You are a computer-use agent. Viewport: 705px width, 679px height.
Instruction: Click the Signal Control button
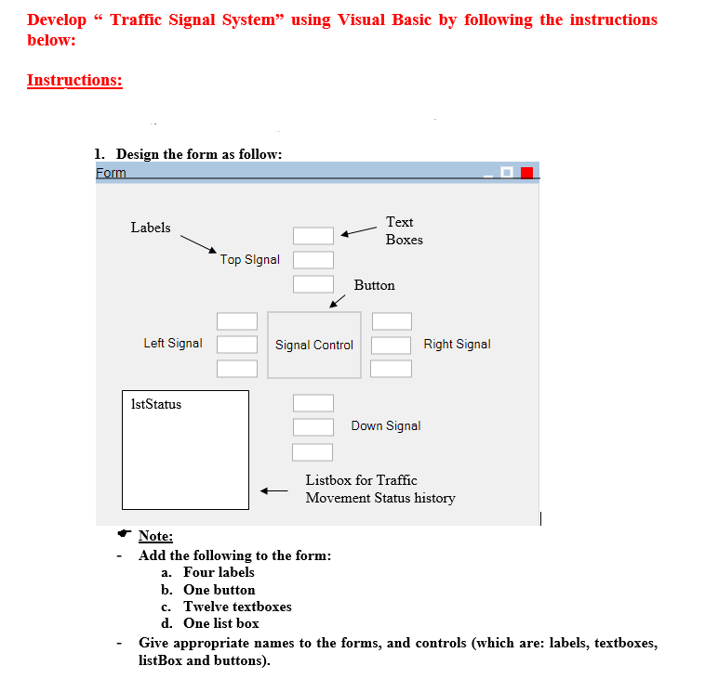(x=313, y=345)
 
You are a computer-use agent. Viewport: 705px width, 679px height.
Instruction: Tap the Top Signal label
(x=249, y=260)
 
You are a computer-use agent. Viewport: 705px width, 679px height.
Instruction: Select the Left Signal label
(x=172, y=344)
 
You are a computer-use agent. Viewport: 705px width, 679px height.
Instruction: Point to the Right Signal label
(x=457, y=345)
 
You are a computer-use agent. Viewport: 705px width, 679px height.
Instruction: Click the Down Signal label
(x=385, y=426)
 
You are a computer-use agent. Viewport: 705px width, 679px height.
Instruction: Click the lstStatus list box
(x=185, y=450)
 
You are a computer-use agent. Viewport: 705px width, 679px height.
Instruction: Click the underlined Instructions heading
(x=74, y=80)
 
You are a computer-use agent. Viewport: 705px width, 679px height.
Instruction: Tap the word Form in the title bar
(x=111, y=173)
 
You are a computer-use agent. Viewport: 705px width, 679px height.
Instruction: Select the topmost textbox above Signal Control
(x=313, y=237)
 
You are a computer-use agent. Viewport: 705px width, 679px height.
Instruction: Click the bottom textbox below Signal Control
(x=313, y=452)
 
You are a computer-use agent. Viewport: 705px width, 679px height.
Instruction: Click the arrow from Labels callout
(x=198, y=242)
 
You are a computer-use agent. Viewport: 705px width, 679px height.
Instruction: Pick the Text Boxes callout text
(x=404, y=230)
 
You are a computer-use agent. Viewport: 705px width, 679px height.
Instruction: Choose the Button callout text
(x=374, y=285)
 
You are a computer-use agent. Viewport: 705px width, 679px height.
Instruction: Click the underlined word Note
(x=155, y=536)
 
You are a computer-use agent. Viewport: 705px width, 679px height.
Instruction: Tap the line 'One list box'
(x=221, y=623)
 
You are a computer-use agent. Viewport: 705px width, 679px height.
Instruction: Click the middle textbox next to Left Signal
(x=237, y=345)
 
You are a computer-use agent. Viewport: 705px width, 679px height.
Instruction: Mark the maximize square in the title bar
(x=507, y=173)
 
